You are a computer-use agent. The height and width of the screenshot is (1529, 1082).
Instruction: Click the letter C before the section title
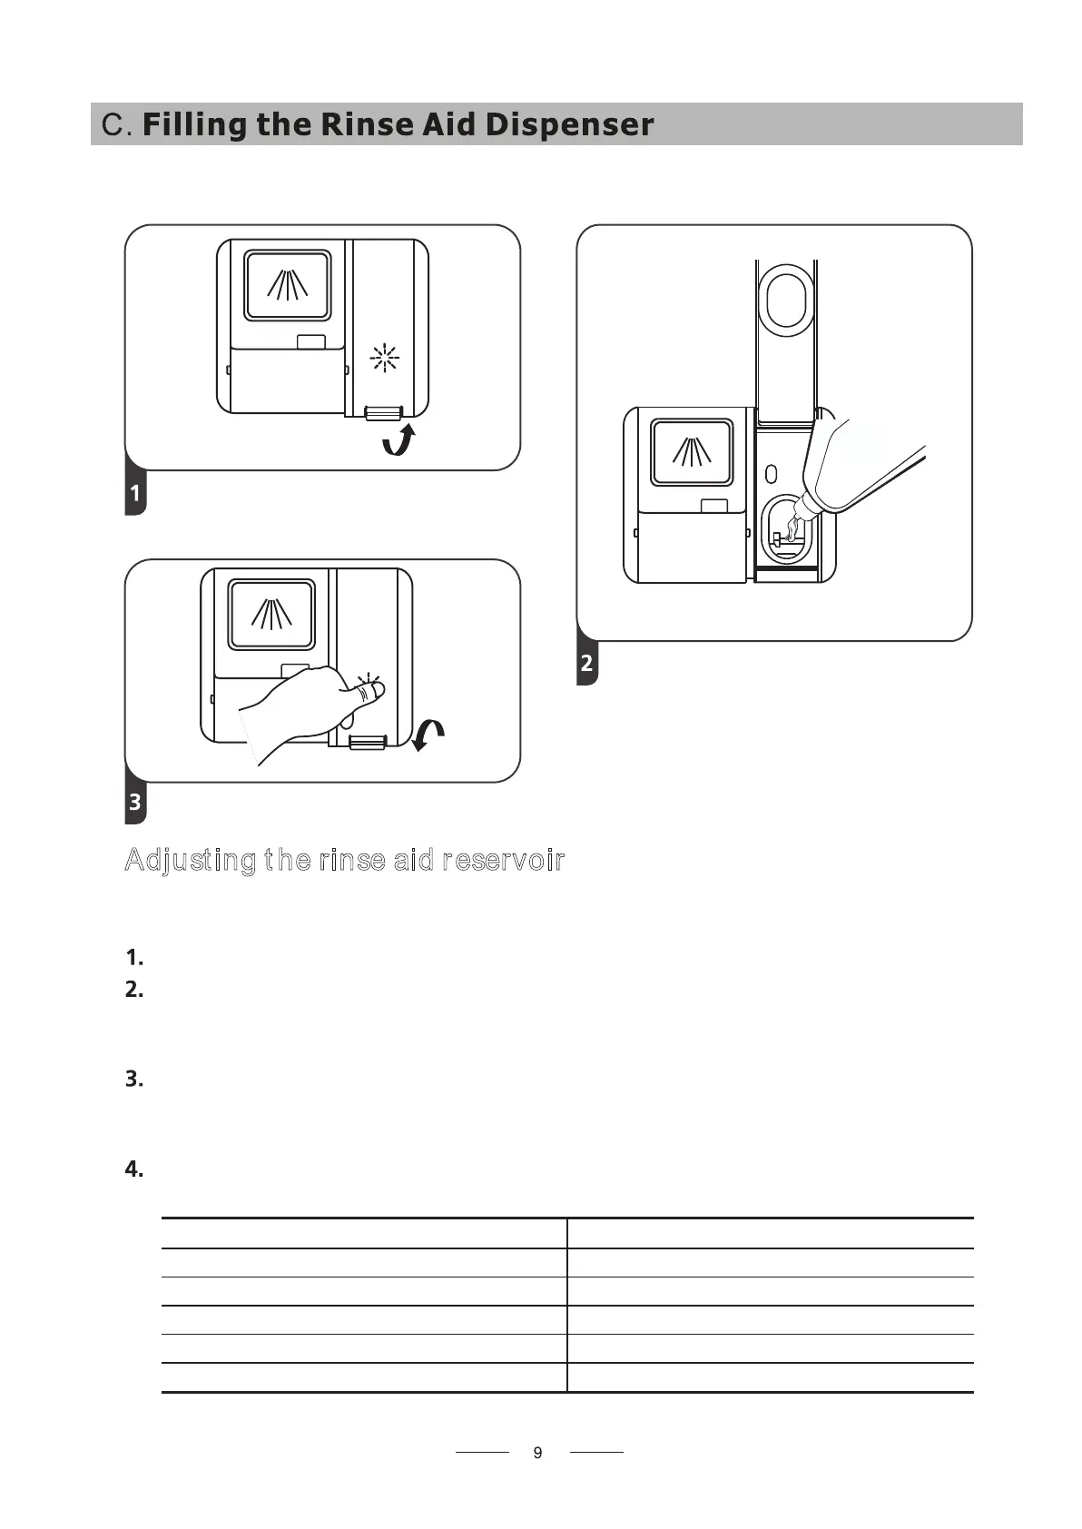112,124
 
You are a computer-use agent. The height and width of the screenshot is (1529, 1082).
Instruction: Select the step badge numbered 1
135,493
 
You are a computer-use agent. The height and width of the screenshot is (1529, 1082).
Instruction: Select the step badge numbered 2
587,663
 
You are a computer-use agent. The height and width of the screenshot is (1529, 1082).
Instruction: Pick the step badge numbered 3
135,802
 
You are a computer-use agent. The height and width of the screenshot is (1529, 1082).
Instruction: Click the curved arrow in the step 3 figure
428,735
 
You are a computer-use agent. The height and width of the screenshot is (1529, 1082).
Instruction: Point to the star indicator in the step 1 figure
385,359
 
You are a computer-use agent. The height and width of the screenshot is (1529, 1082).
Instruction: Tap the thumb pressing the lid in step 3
367,692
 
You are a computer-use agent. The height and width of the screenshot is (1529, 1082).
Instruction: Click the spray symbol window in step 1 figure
287,285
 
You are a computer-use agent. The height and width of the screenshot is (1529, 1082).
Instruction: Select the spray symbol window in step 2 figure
692,452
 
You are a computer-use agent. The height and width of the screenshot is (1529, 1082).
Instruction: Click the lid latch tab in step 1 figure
383,414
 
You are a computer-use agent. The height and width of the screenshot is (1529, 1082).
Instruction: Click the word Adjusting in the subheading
190,860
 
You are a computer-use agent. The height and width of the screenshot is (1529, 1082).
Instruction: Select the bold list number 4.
134,1169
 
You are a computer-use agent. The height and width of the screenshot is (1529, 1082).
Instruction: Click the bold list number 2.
134,990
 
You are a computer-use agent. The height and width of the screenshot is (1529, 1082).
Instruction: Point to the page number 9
538,1453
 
